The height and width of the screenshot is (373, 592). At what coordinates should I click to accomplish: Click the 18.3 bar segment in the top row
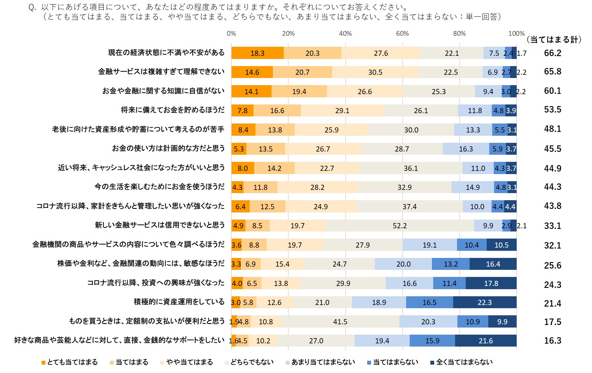tap(257, 53)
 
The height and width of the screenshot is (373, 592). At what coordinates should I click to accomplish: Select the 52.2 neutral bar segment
tap(400, 226)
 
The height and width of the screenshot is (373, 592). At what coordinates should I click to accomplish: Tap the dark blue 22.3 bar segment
tap(484, 302)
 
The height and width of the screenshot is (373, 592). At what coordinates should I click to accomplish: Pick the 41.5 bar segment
tap(340, 322)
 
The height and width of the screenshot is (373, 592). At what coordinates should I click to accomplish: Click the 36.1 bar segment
tap(411, 168)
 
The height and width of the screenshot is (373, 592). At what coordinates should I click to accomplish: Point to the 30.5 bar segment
tap(375, 72)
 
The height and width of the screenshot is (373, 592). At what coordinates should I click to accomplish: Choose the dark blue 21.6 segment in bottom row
tap(486, 341)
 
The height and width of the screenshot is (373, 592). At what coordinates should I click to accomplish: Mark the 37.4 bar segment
tap(409, 207)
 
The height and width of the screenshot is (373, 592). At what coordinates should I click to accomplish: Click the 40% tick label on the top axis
tap(345, 34)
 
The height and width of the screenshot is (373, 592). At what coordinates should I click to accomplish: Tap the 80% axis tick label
tap(459, 34)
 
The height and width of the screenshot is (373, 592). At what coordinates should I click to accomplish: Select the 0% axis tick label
tap(231, 34)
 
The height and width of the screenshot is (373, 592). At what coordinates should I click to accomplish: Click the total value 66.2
tap(552, 53)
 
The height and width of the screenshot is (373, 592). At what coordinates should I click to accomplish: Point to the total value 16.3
tap(552, 341)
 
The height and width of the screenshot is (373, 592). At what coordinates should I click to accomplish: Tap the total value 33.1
tap(552, 226)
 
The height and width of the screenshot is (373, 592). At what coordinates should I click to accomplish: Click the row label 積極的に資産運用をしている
tap(179, 302)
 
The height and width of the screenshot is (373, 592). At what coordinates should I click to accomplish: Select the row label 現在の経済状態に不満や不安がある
tap(166, 53)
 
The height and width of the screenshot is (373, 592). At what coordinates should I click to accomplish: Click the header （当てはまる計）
tap(554, 40)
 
